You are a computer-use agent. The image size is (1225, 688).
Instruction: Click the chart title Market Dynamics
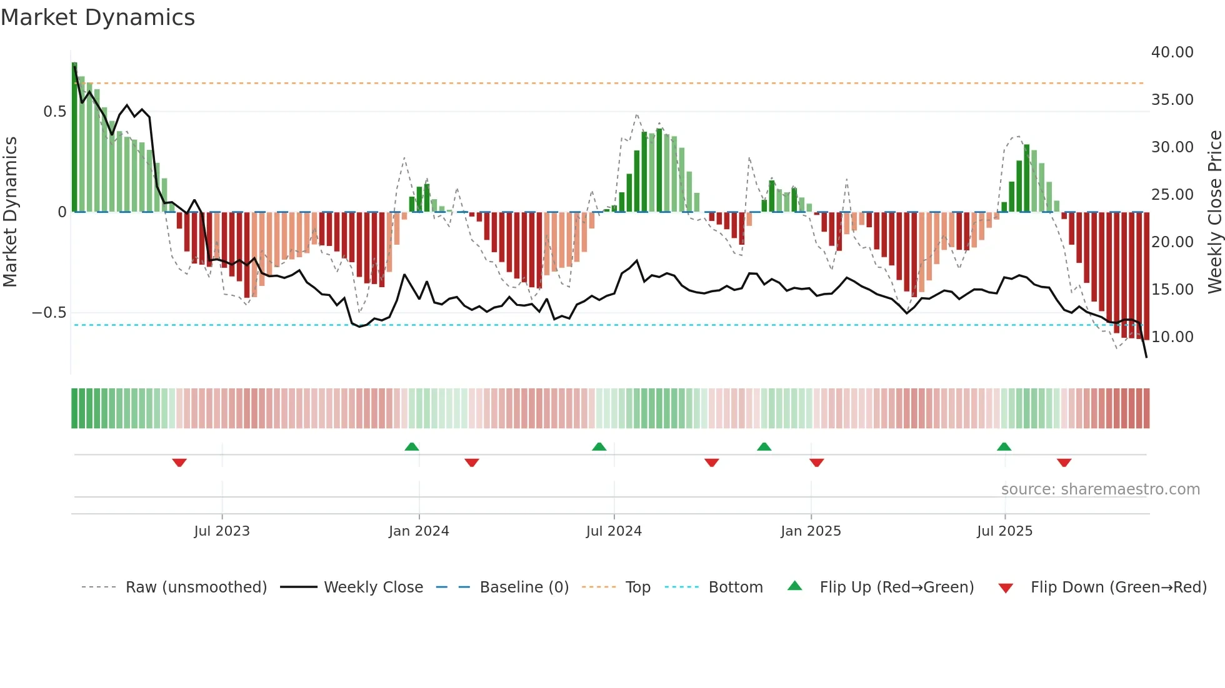[x=97, y=17]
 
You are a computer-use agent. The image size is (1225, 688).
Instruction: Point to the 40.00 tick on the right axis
[x=1172, y=52]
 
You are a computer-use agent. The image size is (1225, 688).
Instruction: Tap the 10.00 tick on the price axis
[x=1172, y=337]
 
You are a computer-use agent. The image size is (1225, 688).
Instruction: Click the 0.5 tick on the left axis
[x=54, y=112]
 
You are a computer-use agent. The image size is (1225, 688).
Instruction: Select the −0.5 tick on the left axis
[x=49, y=313]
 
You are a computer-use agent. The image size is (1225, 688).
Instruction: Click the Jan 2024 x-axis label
[x=419, y=531]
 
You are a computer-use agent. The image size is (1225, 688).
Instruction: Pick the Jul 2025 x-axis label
[x=1004, y=531]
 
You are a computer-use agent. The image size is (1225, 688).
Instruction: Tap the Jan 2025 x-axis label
[x=811, y=531]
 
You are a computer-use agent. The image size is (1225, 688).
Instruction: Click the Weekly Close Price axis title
[x=1214, y=212]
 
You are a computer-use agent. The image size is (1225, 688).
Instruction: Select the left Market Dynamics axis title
[x=10, y=212]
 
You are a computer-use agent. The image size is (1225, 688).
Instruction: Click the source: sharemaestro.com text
[x=1100, y=489]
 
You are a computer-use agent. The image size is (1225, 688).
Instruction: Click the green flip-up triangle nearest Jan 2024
[x=411, y=446]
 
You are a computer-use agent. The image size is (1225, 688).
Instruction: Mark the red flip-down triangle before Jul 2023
[x=179, y=463]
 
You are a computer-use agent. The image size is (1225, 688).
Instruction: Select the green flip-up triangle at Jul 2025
[x=1004, y=446]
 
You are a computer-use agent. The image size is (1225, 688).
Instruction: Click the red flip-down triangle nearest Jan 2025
[x=816, y=463]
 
